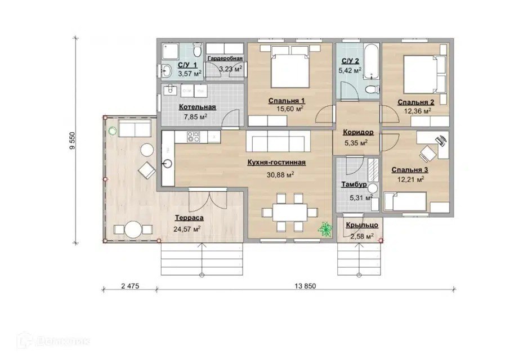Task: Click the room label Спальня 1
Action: click(287, 101)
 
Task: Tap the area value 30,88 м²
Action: click(280, 175)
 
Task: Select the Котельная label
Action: click(198, 107)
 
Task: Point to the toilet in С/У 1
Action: click(197, 50)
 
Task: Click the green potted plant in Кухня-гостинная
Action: click(325, 229)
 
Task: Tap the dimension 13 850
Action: click(305, 286)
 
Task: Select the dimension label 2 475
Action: click(130, 286)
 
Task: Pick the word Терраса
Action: click(189, 218)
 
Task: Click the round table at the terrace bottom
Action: click(133, 230)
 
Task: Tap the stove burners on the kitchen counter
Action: click(193, 137)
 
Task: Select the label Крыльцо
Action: click(362, 226)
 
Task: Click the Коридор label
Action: click(358, 132)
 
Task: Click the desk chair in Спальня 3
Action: click(427, 154)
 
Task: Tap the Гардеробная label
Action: click(225, 58)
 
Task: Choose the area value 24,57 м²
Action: click(187, 229)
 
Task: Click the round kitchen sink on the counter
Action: click(168, 164)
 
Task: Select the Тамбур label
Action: click(354, 184)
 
